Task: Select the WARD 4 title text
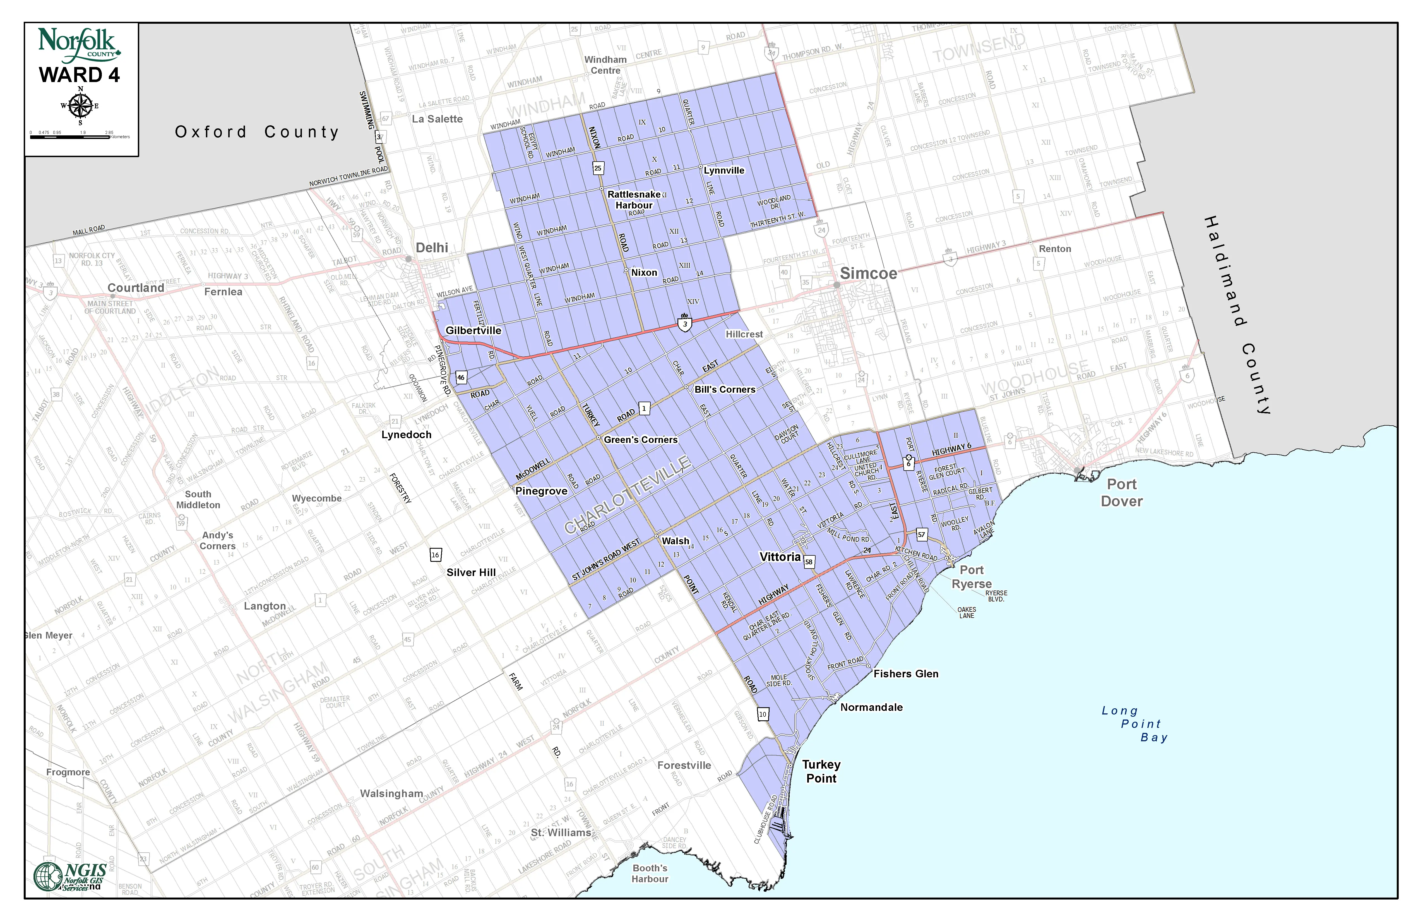tap(80, 75)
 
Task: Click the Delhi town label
tap(432, 248)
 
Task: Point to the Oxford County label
tap(257, 131)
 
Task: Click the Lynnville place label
tap(724, 171)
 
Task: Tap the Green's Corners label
tap(640, 440)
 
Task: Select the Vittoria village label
tap(780, 557)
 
